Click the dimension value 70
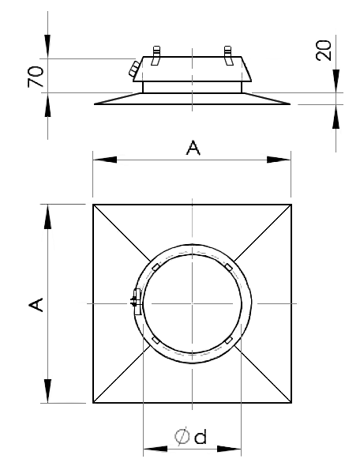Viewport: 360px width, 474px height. [x=36, y=76]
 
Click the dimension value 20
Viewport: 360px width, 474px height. [x=324, y=51]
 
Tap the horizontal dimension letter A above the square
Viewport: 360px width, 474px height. [x=193, y=148]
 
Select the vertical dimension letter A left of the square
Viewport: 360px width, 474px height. [x=36, y=304]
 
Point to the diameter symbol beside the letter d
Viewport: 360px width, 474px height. [x=182, y=436]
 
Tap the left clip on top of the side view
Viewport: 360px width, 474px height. [x=156, y=55]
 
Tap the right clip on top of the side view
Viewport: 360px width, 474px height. [x=228, y=55]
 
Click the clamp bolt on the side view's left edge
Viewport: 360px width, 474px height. [x=134, y=69]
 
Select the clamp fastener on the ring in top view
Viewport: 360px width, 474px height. [x=137, y=302]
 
